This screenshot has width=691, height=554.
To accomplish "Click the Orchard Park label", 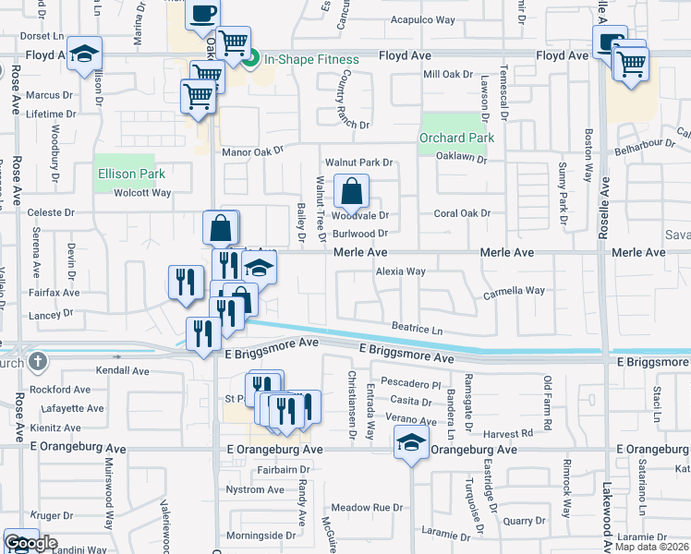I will pyautogui.click(x=456, y=138).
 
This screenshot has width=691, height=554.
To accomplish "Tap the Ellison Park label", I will pyautogui.click(x=131, y=174).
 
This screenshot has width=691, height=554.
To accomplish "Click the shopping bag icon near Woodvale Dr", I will pyautogui.click(x=351, y=192).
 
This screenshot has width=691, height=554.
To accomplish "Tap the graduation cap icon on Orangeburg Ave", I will pyautogui.click(x=412, y=443).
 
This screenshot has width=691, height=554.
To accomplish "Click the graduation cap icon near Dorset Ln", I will pyautogui.click(x=84, y=54).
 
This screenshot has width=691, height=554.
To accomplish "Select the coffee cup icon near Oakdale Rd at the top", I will pyautogui.click(x=203, y=14).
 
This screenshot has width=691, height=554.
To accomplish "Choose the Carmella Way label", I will pyautogui.click(x=514, y=291).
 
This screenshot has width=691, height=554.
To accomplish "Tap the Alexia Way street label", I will pyautogui.click(x=400, y=271).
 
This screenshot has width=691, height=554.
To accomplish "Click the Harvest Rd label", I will pyautogui.click(x=515, y=432).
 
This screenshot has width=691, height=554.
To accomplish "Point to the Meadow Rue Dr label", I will pyautogui.click(x=368, y=507).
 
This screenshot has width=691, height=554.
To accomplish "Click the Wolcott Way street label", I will pyautogui.click(x=142, y=193).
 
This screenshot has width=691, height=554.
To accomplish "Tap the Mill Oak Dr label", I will pyautogui.click(x=447, y=74).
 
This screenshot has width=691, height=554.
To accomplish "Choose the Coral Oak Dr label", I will pyautogui.click(x=462, y=213).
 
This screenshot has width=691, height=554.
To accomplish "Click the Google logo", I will pyautogui.click(x=30, y=544).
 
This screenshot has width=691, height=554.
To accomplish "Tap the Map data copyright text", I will pyautogui.click(x=651, y=547).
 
